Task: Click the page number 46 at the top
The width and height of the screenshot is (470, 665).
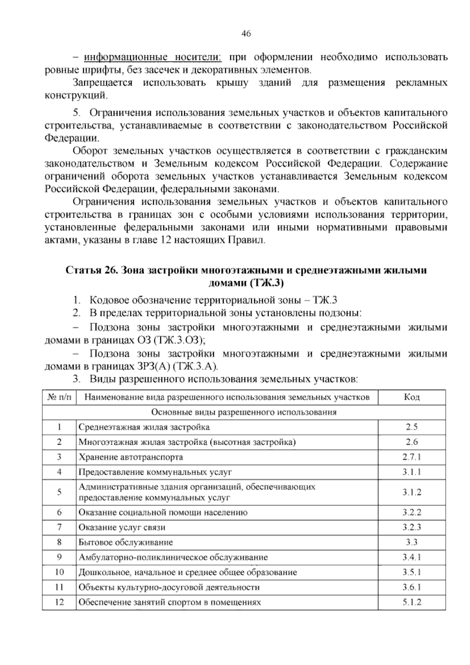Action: [x=246, y=34]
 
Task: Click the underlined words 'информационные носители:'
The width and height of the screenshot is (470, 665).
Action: [x=153, y=58]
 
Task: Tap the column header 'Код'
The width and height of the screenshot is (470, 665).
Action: [x=412, y=397]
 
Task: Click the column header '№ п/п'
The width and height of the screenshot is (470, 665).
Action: [x=60, y=397]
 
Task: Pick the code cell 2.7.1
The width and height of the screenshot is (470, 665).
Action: [x=412, y=457]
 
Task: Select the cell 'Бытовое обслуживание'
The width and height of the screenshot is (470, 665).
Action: [x=126, y=542]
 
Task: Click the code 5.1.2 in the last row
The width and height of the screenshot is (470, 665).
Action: [x=412, y=602]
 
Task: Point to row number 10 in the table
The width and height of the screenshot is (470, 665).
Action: [x=60, y=572]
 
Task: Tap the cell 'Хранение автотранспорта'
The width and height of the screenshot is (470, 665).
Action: [x=131, y=457]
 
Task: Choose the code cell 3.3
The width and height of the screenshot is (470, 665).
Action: [x=412, y=542]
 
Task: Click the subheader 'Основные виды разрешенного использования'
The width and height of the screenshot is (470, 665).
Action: [x=244, y=412]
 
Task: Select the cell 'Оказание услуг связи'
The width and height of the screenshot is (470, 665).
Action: [x=122, y=527]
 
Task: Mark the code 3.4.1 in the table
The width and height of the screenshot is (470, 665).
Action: [x=412, y=557]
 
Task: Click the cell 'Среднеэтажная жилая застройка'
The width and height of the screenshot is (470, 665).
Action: [x=144, y=427]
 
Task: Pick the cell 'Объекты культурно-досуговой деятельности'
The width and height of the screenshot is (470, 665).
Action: [x=169, y=587]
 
